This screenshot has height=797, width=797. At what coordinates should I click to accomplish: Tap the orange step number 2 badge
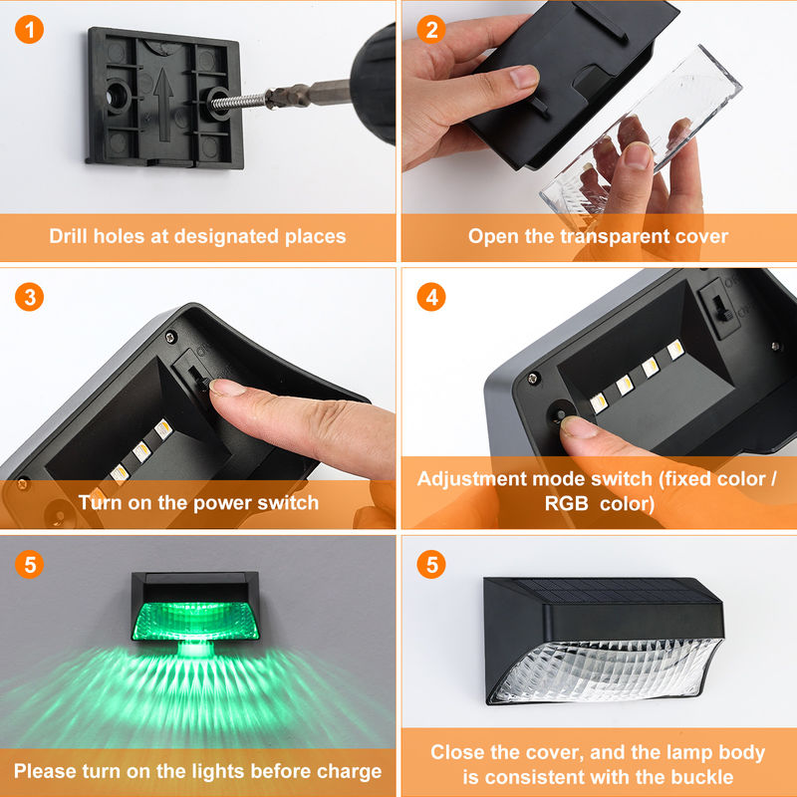click(431, 30)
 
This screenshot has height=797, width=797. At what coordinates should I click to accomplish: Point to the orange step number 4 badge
click(431, 297)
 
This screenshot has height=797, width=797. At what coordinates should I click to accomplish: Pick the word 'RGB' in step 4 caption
click(568, 504)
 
